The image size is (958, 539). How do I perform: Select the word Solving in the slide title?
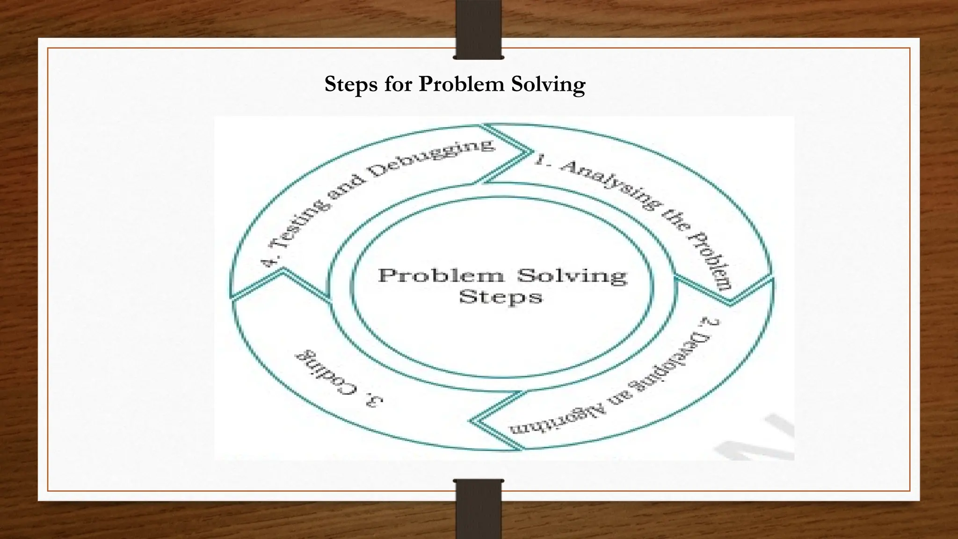click(x=548, y=85)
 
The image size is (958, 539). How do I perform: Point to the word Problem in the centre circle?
click(x=441, y=275)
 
